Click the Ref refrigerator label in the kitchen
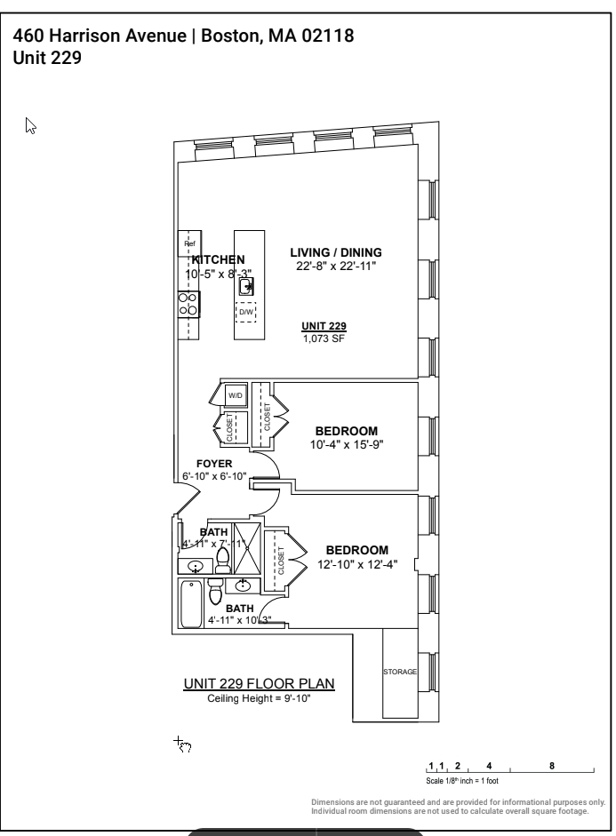[188, 243]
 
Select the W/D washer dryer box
[236, 395]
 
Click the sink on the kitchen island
[247, 285]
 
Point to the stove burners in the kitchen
[188, 305]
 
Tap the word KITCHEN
[218, 259]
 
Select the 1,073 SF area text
[324, 338]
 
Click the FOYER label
[214, 464]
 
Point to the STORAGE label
[399, 672]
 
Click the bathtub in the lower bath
[190, 603]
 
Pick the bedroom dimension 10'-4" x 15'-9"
[347, 444]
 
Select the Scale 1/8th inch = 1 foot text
[462, 781]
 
